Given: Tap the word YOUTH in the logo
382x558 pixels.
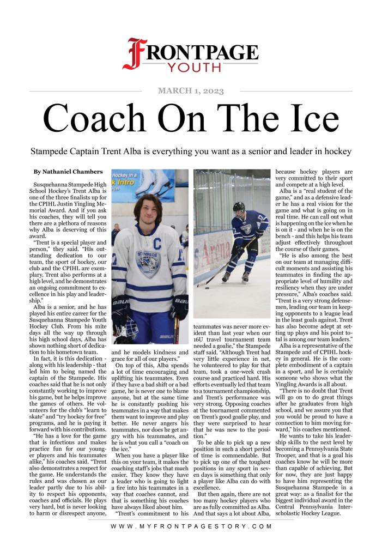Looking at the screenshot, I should [x=186, y=68].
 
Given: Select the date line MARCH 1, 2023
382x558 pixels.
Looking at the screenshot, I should [x=191, y=91].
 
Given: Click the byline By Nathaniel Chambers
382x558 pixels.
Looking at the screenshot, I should [x=68, y=172].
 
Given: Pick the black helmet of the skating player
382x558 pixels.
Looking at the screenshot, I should [x=239, y=207].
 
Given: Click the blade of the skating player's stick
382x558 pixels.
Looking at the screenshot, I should [x=202, y=284].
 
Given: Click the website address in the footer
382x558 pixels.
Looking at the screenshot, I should [x=191, y=527].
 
